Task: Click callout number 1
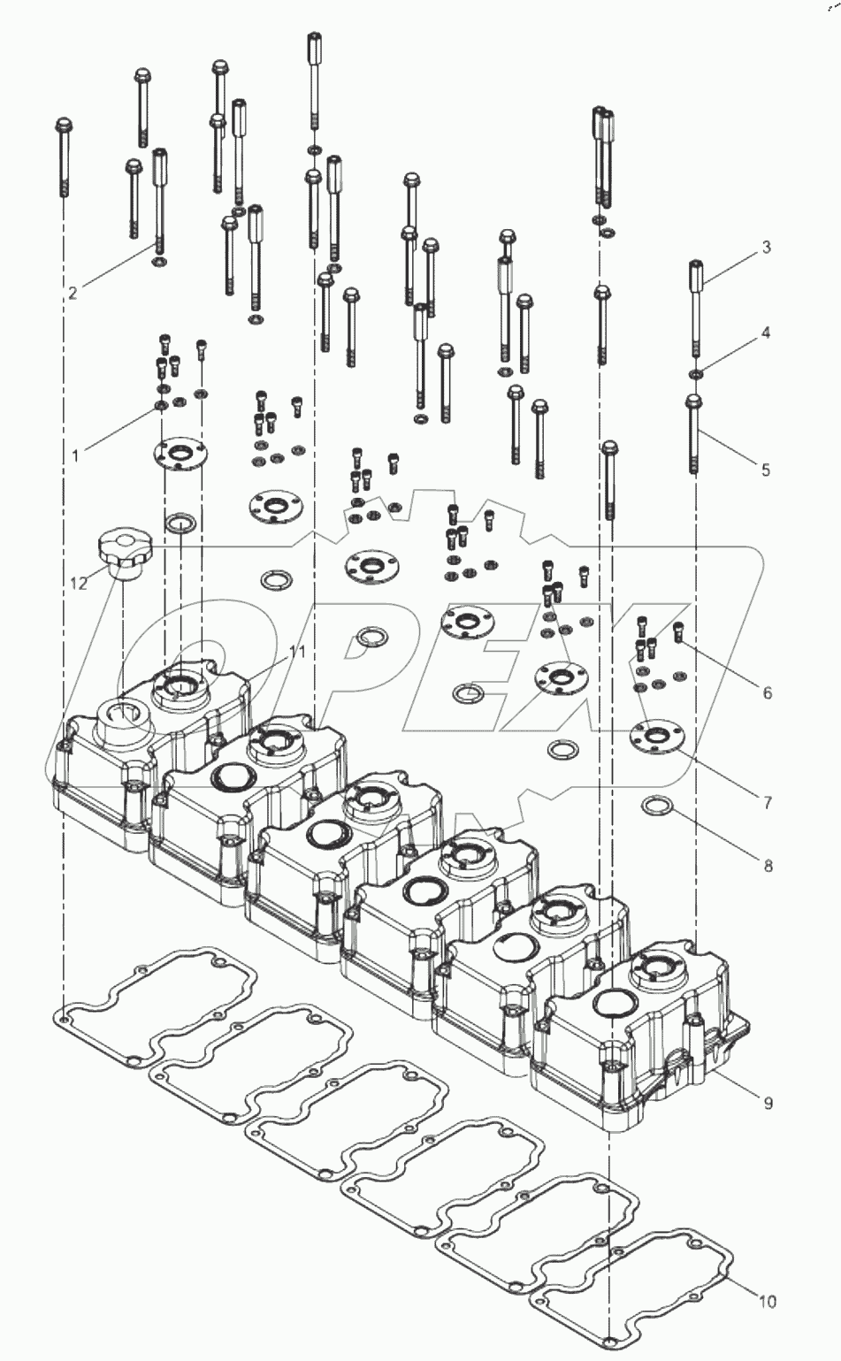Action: (x=76, y=455)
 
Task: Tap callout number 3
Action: (x=767, y=247)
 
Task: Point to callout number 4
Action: (x=767, y=333)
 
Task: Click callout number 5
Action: (x=767, y=470)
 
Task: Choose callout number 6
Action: (x=767, y=692)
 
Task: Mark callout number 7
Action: (x=767, y=802)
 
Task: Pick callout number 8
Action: (x=767, y=866)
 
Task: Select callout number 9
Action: (x=767, y=1103)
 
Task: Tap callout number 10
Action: (x=767, y=1301)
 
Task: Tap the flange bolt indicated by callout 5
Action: (x=694, y=433)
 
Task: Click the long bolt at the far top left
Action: (x=64, y=159)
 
